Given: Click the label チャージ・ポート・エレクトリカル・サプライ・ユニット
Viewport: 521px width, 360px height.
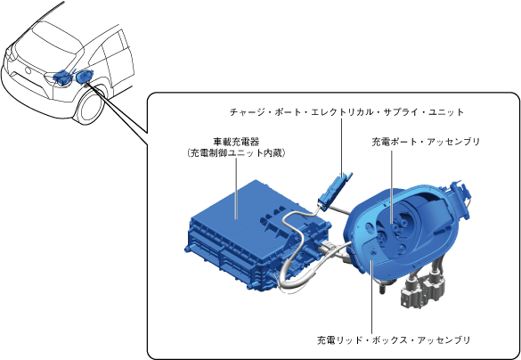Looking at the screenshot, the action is (x=346, y=112).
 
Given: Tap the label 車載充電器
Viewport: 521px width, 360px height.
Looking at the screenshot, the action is (x=236, y=142).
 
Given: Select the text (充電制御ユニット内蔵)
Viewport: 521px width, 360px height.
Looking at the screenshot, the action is (x=236, y=153).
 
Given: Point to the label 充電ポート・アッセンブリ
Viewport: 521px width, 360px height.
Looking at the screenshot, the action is (x=426, y=142).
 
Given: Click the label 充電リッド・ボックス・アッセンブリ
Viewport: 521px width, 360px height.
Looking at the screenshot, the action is (x=394, y=340).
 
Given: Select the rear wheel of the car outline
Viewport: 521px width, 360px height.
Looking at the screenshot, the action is (x=91, y=106).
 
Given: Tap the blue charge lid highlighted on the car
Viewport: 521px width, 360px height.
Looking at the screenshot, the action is (x=84, y=76).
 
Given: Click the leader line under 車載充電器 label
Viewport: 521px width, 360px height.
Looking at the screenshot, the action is (x=236, y=189).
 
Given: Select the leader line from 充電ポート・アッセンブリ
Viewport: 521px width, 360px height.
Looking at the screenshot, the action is (x=392, y=187).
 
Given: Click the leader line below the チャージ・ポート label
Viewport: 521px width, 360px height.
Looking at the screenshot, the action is (x=341, y=147).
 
